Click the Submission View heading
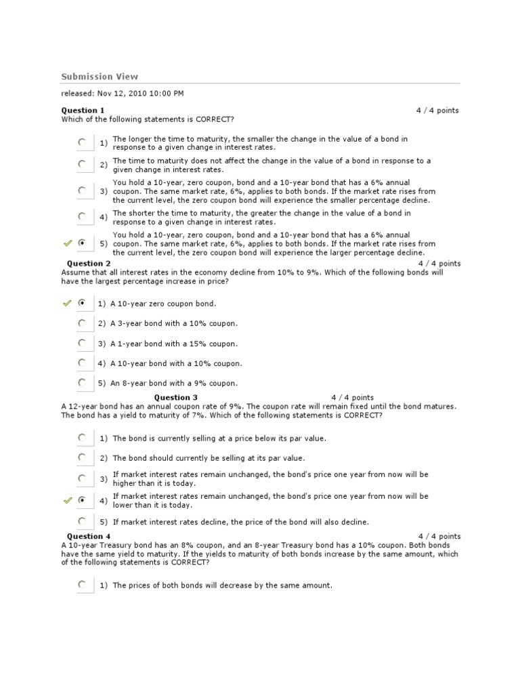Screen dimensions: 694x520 pos(100,77)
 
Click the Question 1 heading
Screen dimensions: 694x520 pos(83,110)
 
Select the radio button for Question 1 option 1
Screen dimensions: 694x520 pos(82,142)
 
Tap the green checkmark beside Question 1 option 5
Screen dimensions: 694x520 pos(67,243)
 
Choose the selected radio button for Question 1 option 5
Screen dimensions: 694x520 pos(82,243)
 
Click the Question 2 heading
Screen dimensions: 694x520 pos(89,264)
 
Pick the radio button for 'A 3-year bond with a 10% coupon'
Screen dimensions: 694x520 pos(82,323)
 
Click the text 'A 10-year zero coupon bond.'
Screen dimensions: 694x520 pos(162,304)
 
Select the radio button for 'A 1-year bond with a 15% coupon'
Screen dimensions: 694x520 pos(82,343)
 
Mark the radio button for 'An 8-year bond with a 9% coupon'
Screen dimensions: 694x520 pos(82,382)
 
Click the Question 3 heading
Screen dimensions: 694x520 pos(176,398)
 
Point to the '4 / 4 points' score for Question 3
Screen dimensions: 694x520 pos(352,398)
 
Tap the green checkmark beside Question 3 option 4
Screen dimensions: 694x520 pos(67,500)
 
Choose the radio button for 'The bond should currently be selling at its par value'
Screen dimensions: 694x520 pos(82,457)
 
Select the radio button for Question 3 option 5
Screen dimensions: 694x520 pos(82,521)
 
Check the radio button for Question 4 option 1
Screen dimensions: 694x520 pos(82,584)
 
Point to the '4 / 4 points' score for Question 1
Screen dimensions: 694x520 pos(437,110)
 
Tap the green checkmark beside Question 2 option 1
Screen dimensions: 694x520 pos(67,303)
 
